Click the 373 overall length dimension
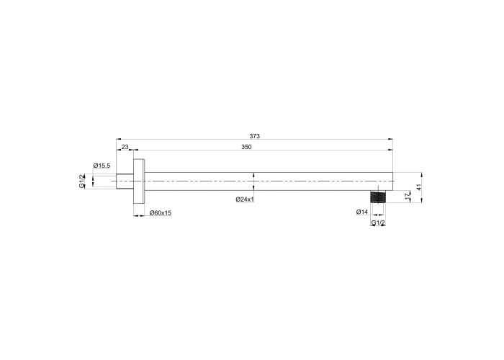(x=254, y=136)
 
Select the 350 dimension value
(x=246, y=147)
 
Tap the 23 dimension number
(x=125, y=147)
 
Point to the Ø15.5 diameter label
(x=102, y=166)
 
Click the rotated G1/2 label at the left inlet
(x=82, y=181)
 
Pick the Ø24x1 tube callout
(x=245, y=199)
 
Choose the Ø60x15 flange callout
(x=161, y=213)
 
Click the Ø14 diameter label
(x=362, y=212)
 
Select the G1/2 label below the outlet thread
(x=378, y=223)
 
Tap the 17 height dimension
(x=408, y=197)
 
